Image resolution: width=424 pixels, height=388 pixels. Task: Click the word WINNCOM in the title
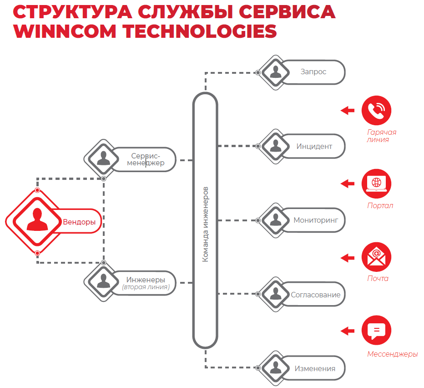[63, 31]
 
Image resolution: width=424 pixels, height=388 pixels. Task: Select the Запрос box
[313, 72]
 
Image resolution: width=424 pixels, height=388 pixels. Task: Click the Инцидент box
[314, 146]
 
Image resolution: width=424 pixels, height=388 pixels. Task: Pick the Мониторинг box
[316, 220]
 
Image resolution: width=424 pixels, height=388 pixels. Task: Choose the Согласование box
[315, 295]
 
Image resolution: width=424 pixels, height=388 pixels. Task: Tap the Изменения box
[314, 368]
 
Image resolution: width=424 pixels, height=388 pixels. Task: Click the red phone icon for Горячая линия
[376, 110]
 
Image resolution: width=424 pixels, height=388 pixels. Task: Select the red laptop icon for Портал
[376, 183]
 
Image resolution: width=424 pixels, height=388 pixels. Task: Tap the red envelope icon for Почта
[376, 257]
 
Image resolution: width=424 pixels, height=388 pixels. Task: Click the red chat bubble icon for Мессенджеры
[376, 330]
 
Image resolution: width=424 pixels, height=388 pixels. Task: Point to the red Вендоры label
[79, 222]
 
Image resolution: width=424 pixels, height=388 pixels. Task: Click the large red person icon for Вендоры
[37, 220]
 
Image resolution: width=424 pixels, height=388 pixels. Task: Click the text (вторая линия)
[146, 287]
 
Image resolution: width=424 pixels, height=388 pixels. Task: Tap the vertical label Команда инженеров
[205, 223]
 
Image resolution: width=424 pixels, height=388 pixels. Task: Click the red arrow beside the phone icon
[348, 110]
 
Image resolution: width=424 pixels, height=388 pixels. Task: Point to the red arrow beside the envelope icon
[348, 257]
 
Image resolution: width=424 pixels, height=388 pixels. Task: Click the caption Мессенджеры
[392, 354]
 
